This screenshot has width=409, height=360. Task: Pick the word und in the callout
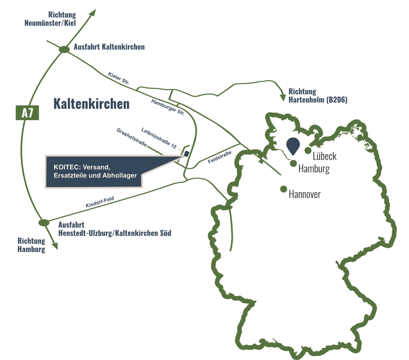click(x=96, y=175)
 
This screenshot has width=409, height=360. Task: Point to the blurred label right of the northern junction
click(x=110, y=49)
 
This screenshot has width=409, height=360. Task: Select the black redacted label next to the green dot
click(x=305, y=194)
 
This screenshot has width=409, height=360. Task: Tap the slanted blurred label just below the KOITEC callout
click(x=96, y=202)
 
